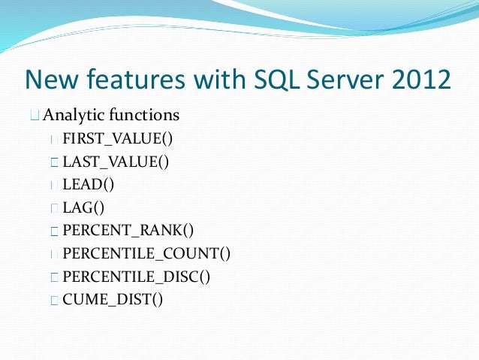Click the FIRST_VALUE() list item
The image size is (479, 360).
coord(117,138)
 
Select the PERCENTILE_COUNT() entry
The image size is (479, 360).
coord(146,254)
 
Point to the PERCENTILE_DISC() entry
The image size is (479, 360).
coord(137,277)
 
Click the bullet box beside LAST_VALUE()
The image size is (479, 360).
coord(53,162)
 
